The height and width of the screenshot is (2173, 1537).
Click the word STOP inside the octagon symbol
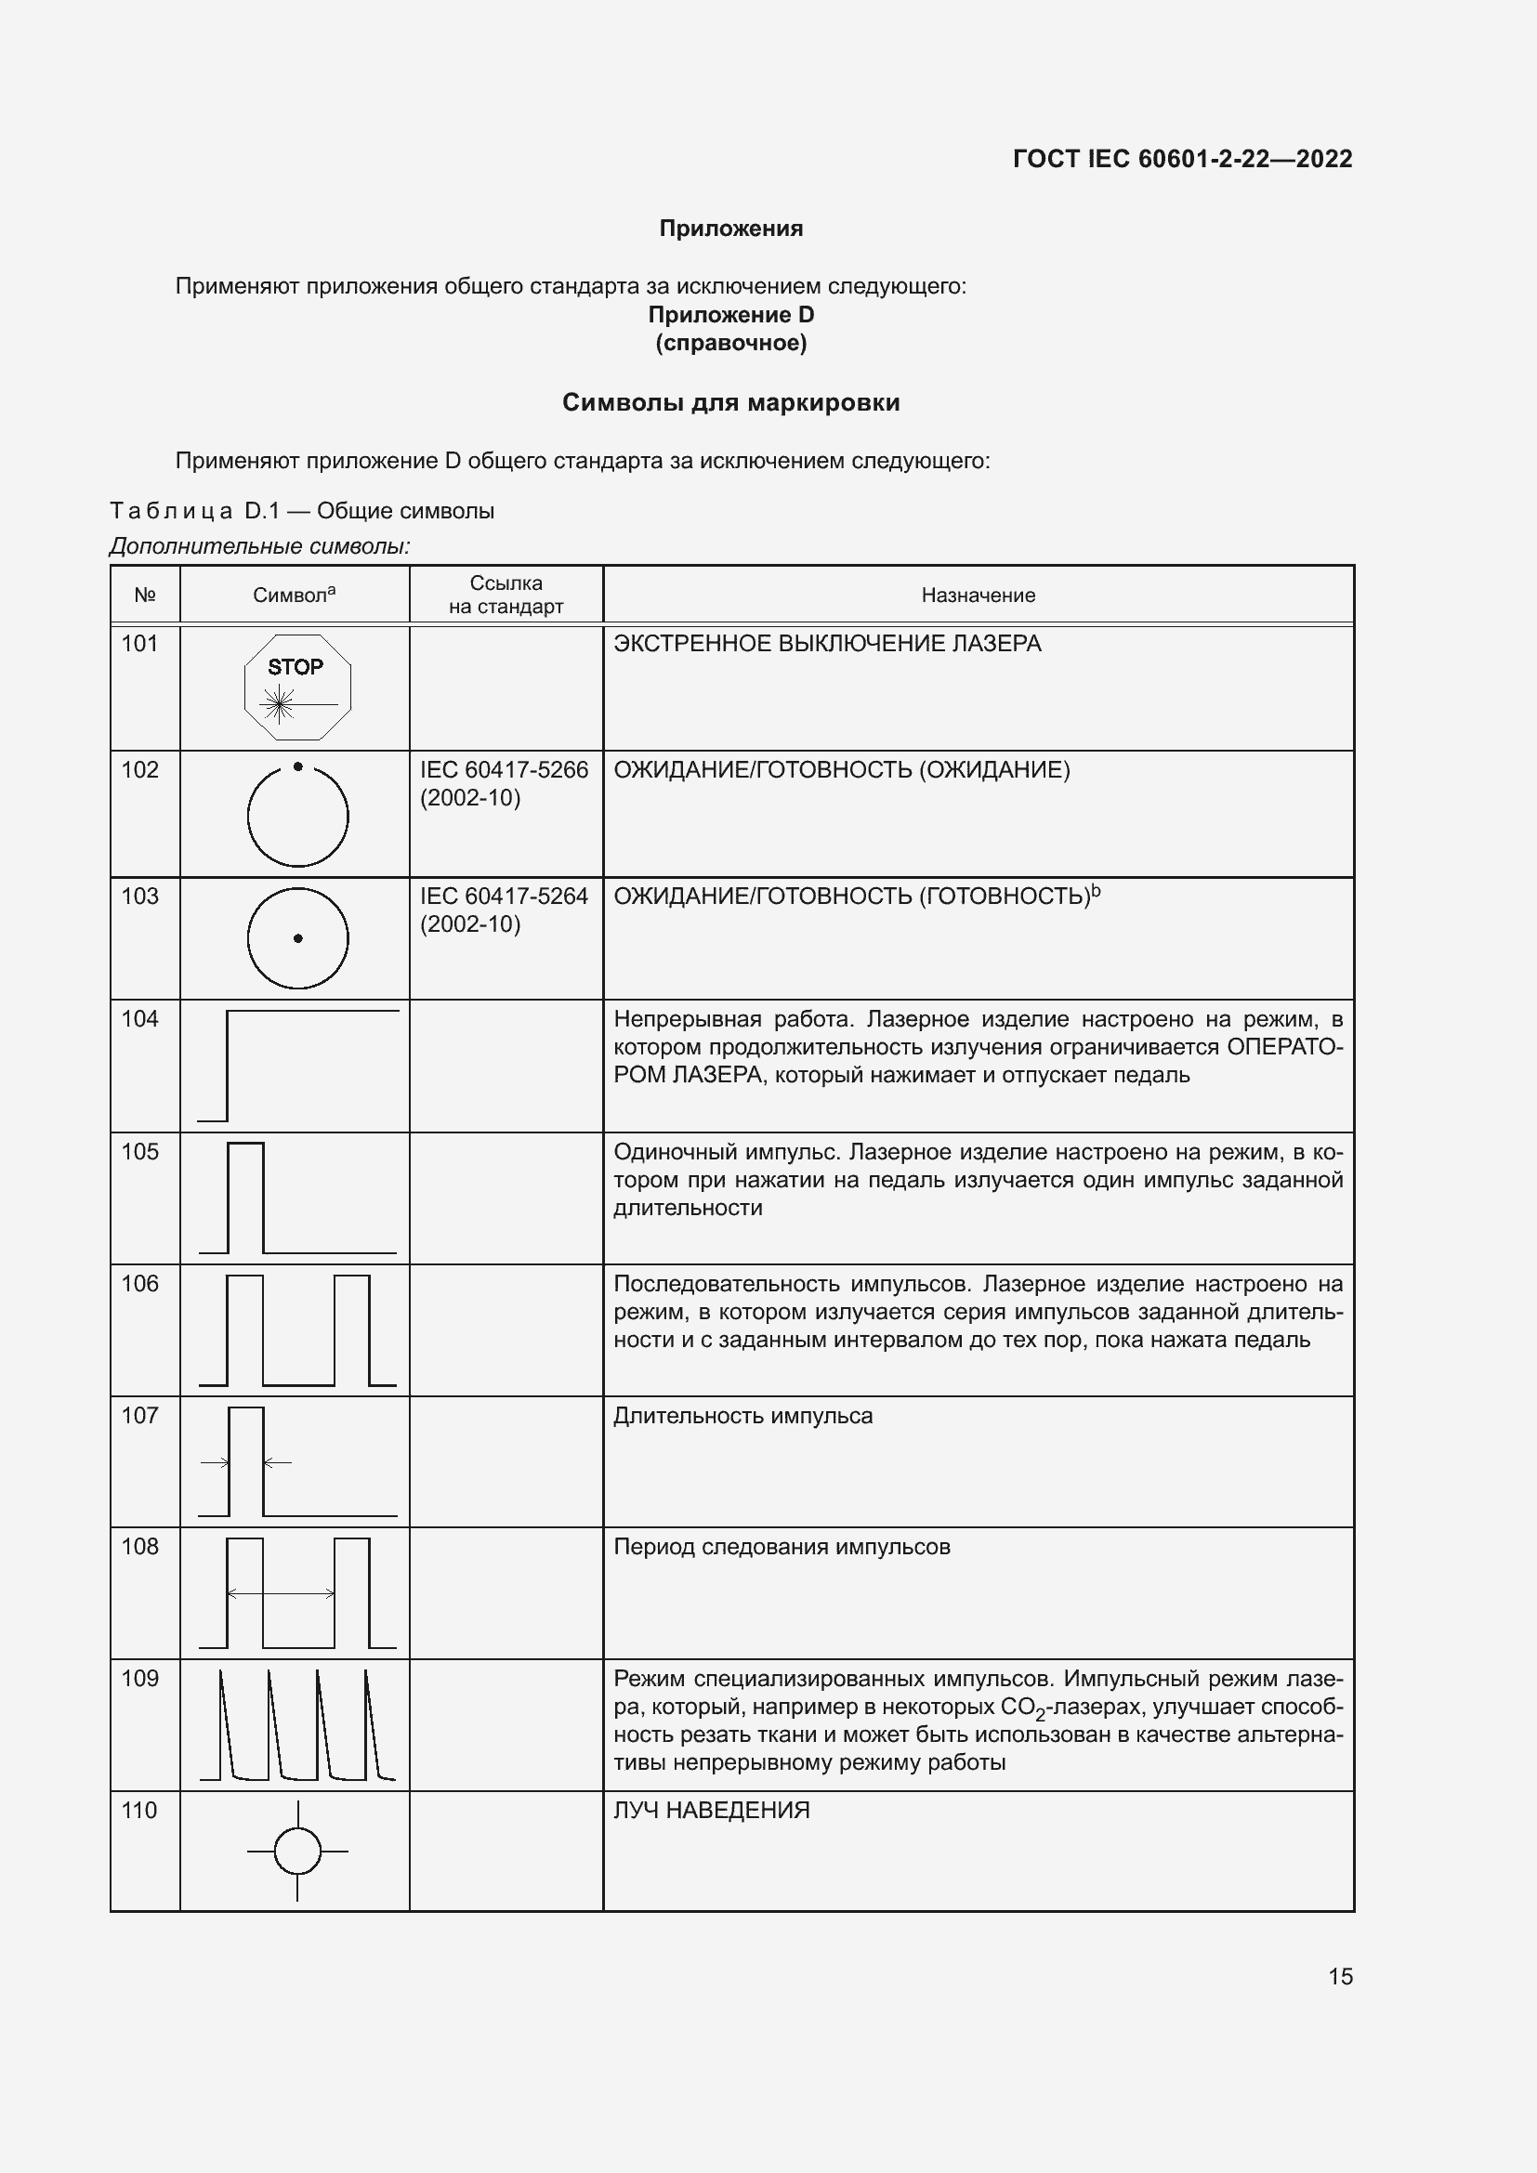296,667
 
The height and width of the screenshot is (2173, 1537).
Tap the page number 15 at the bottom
1340,1976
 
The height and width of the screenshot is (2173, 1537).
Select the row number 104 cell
140,1019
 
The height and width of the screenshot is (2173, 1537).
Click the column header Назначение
978,596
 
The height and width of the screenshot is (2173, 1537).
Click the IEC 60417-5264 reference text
505,910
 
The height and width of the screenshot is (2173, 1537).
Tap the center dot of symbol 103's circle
298,939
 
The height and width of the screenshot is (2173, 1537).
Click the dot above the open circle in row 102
298,766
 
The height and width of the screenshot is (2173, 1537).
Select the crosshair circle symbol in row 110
298,1852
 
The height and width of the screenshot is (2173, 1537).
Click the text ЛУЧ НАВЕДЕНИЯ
712,1811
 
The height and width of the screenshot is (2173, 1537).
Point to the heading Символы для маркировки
730,403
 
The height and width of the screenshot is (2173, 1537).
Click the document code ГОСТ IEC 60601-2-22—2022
1182,159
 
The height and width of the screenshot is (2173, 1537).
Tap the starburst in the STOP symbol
279,703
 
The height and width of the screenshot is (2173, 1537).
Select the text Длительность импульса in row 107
743,1416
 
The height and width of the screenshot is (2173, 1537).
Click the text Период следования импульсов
782,1547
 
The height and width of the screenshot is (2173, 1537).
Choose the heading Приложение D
730,315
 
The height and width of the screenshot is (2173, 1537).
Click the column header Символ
294,596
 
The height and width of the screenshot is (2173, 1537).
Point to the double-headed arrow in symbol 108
281,1594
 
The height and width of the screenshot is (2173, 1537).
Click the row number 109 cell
140,1679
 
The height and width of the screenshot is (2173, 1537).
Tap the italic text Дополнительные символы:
259,546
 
